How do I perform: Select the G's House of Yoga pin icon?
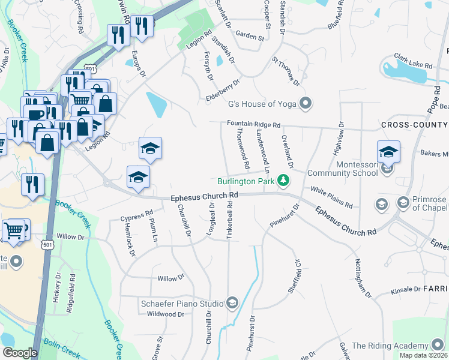306,104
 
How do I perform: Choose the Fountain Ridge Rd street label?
253,124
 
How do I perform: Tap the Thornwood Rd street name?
243,148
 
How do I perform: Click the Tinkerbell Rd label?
230,223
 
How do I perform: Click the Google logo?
20,353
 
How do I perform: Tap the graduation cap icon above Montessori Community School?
388,152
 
